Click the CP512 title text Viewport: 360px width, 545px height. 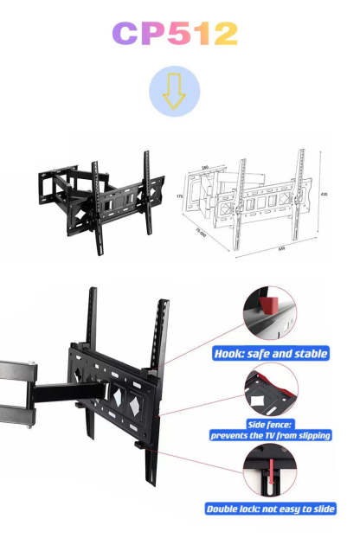click(175, 34)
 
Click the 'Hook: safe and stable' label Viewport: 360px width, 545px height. click(270, 353)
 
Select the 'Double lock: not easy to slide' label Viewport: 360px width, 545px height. click(270, 509)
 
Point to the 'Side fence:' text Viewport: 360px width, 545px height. click(270, 425)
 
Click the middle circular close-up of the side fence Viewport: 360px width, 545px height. click(270, 389)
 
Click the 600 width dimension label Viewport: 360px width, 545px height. click(280, 248)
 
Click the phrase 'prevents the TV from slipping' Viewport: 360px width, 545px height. click(270, 436)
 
